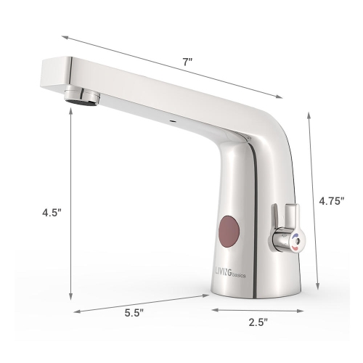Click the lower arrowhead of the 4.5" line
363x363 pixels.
[71, 297]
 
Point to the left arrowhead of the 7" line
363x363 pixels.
[63, 36]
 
